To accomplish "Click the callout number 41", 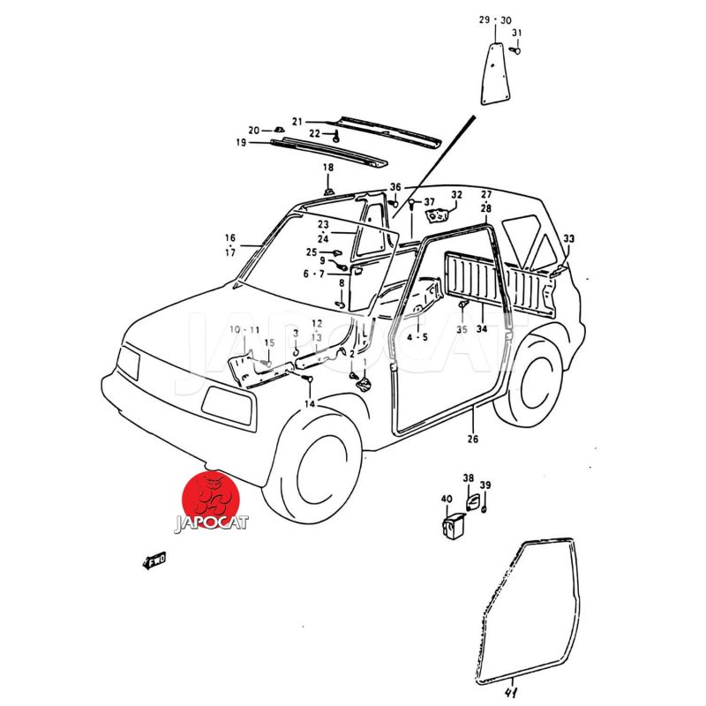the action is point(511,693).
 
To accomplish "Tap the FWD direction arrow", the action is point(154,560).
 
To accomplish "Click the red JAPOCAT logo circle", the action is point(211,499).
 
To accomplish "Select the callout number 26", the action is point(472,439).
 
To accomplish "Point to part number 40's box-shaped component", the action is point(453,524).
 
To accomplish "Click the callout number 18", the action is point(328,168).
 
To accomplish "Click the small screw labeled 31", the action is point(515,50).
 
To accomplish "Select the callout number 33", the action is point(568,238).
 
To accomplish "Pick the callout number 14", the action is point(310,404).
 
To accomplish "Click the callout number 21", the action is point(297,122).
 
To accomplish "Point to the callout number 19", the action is point(241,142).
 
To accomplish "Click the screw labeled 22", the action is point(335,137).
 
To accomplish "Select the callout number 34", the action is point(482,329).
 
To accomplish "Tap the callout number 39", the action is point(485,484).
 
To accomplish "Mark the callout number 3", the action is point(296,334).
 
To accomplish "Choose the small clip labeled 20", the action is point(279,130).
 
